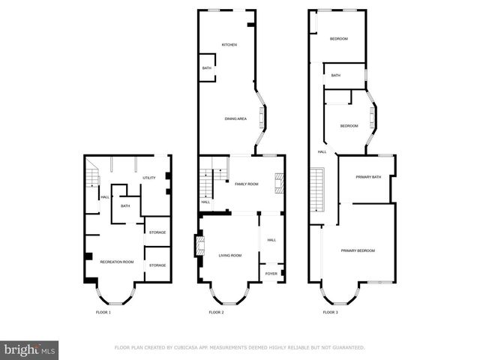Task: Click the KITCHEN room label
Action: point(229,45)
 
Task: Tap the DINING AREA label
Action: point(236,118)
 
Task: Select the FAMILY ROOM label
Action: point(247,184)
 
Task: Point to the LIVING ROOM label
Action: point(230,256)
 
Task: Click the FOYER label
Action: point(271,274)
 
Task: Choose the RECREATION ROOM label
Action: point(118,262)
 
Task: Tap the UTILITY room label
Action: point(148,178)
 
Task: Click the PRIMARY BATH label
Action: point(368,177)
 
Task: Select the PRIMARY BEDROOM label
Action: point(358,250)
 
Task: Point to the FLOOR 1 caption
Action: point(103,312)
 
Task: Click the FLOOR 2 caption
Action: point(217,312)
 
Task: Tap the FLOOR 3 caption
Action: point(330,312)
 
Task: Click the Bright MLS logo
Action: point(31,349)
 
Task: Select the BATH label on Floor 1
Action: point(125,206)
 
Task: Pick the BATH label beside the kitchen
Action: point(206,69)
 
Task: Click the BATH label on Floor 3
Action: point(336,76)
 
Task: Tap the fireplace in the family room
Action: point(278,183)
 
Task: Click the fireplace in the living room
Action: point(199,247)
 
